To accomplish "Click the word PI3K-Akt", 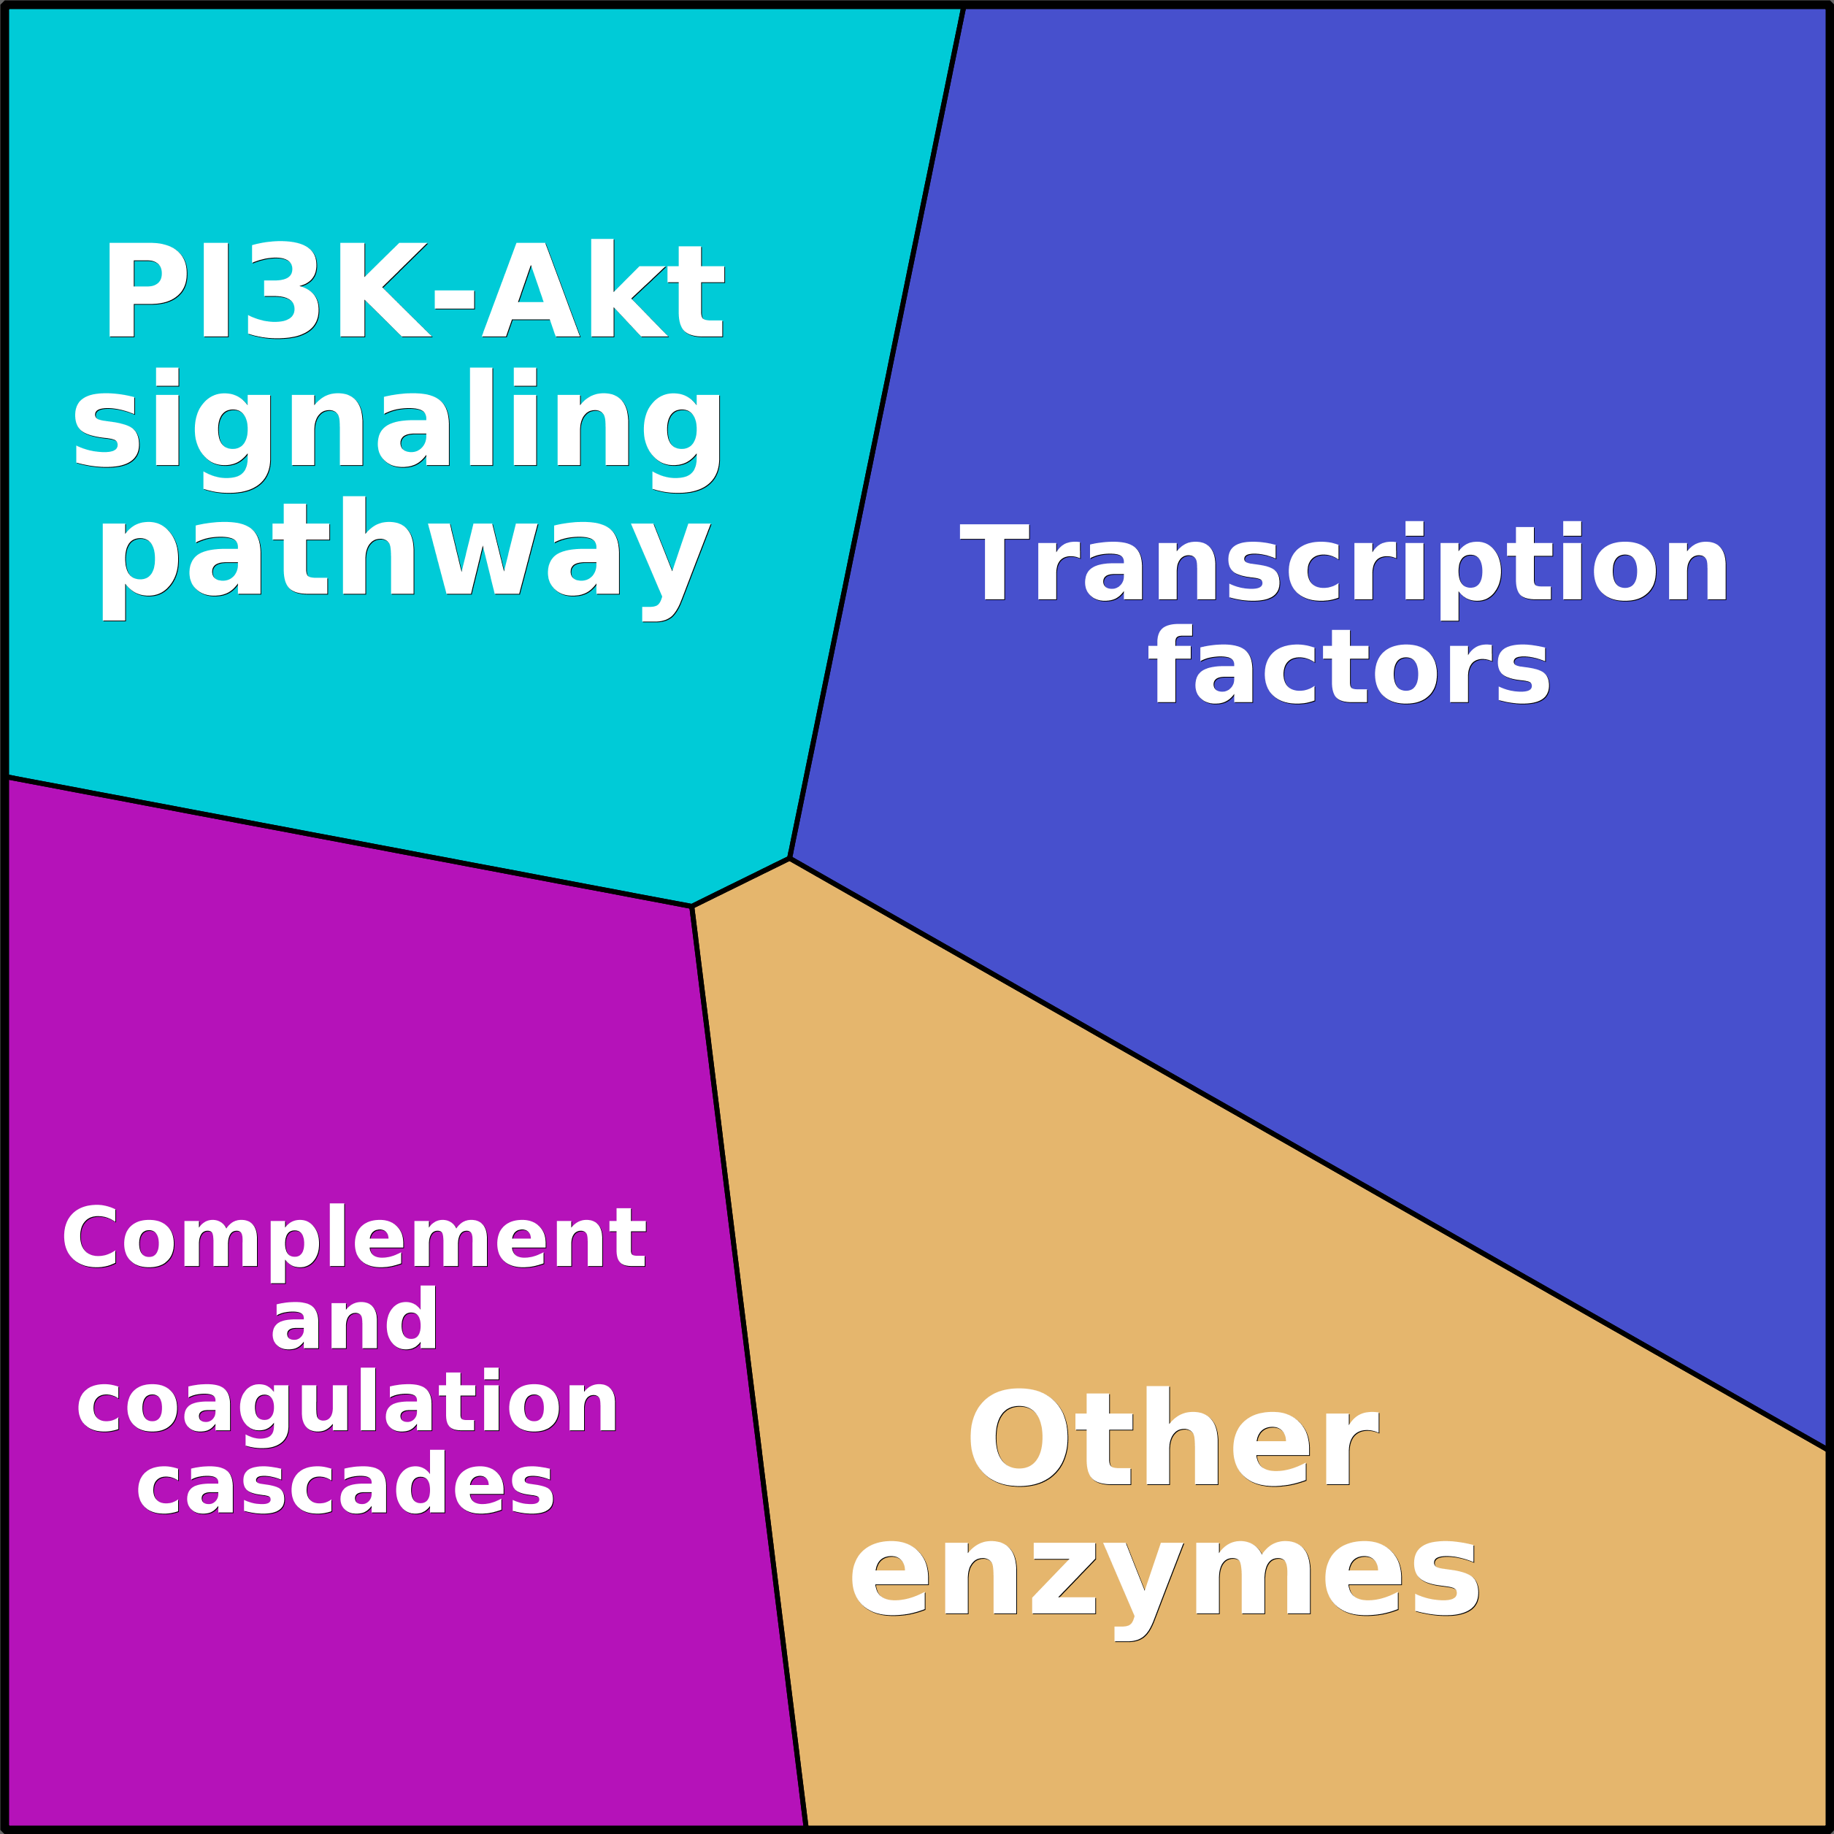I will (x=413, y=290).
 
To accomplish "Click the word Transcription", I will (x=1343, y=562).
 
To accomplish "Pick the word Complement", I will (x=354, y=1238).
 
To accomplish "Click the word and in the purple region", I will (x=354, y=1319).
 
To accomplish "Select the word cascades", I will (x=345, y=1484).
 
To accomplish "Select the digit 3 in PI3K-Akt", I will (x=281, y=290).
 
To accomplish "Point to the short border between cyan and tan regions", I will (x=740, y=882).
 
